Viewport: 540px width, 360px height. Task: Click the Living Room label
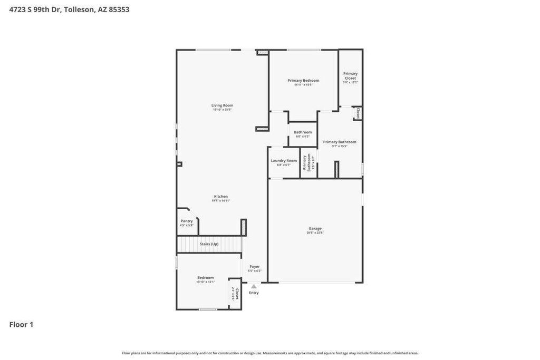click(x=222, y=105)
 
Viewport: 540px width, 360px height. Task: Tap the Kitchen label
click(x=220, y=197)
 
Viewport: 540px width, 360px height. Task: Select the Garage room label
click(x=315, y=228)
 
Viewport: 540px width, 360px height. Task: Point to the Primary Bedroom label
click(x=303, y=81)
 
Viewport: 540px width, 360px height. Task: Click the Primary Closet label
click(x=350, y=76)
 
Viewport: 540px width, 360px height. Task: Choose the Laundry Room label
click(x=284, y=161)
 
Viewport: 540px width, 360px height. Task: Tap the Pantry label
click(x=187, y=221)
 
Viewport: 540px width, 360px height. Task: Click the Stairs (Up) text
click(x=209, y=244)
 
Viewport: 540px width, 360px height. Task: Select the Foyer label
click(x=255, y=267)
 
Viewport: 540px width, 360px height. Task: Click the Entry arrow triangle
click(x=254, y=286)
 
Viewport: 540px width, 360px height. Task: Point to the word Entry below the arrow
click(x=254, y=293)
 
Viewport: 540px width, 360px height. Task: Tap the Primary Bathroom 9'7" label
click(x=340, y=142)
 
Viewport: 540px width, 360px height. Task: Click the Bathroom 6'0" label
click(x=303, y=132)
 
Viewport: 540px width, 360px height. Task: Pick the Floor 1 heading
click(x=21, y=325)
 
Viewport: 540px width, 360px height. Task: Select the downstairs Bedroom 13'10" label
click(x=205, y=278)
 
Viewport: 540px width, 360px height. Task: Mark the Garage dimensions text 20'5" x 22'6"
click(x=315, y=232)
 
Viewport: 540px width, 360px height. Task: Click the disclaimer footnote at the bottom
click(x=270, y=353)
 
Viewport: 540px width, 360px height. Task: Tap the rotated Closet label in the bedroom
click(x=237, y=294)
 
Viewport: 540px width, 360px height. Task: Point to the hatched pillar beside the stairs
click(x=244, y=227)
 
